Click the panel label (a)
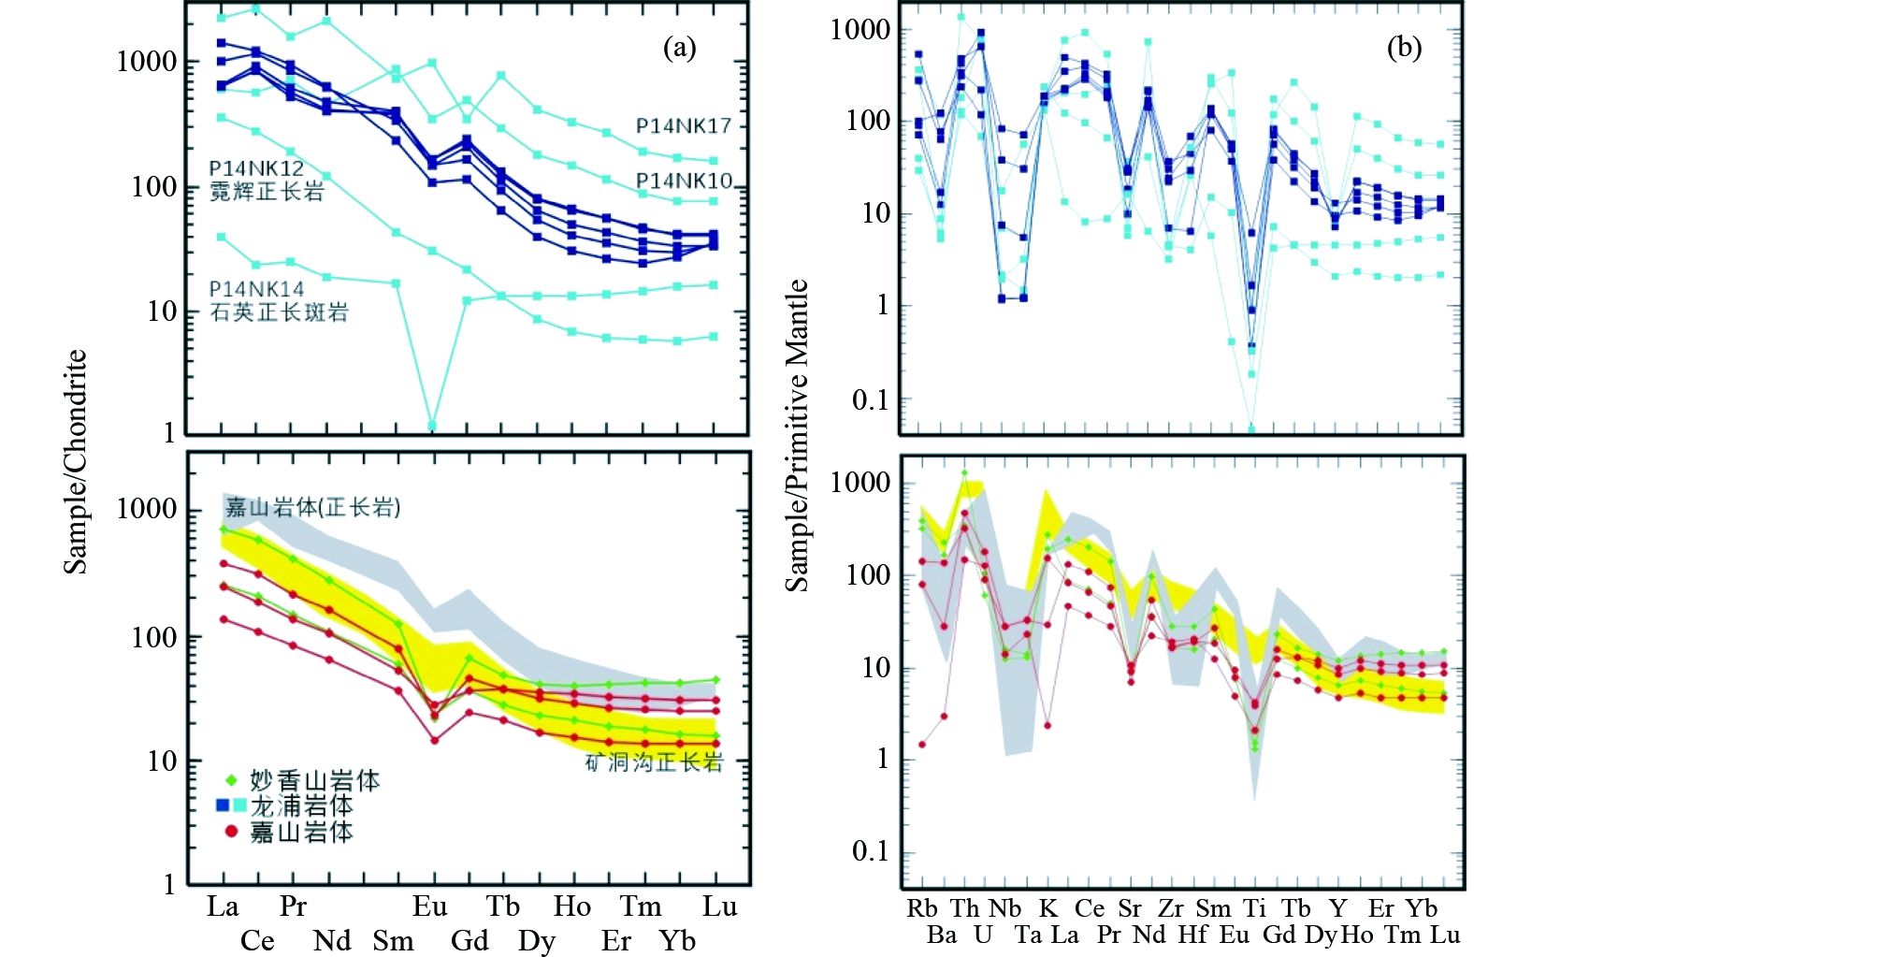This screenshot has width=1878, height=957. [679, 48]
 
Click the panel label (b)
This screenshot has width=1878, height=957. [1403, 48]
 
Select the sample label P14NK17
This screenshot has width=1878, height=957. [683, 125]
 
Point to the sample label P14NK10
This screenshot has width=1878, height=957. [684, 181]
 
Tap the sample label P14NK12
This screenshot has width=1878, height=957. [256, 168]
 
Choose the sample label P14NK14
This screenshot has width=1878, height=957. [256, 289]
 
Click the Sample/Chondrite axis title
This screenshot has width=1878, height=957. [76, 461]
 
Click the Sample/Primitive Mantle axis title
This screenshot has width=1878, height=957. [797, 435]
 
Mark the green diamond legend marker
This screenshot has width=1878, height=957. [231, 779]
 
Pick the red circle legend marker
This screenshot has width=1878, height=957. [231, 831]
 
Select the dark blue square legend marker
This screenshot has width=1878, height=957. [223, 805]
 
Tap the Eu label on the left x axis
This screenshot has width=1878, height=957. [430, 906]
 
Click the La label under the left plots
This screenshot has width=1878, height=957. [223, 906]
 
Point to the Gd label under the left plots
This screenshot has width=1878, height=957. [469, 940]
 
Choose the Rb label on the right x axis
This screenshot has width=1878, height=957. [922, 908]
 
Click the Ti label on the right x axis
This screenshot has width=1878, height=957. [1254, 908]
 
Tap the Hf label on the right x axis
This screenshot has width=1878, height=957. [1192, 935]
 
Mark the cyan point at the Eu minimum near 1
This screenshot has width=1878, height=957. [432, 426]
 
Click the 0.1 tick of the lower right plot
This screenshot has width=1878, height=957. [871, 851]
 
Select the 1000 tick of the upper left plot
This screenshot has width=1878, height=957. [147, 62]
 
